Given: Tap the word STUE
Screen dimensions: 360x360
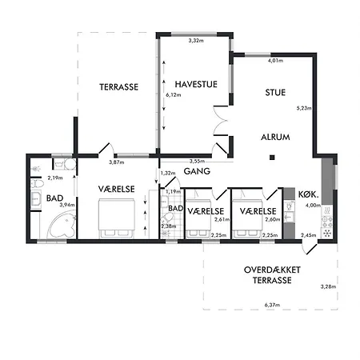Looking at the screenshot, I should coord(275,93).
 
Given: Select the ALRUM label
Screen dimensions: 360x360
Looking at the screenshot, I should coord(275,137).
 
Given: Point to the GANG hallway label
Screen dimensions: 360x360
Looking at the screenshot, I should coord(197,170).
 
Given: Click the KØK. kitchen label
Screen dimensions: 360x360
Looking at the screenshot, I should coord(308,194).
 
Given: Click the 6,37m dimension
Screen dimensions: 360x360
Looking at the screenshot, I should coord(274,303).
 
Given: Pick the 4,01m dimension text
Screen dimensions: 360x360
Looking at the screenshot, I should coord(276,61).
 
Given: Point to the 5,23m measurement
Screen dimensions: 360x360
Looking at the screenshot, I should coord(302,107).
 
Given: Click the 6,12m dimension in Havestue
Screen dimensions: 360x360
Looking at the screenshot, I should coord(172,94).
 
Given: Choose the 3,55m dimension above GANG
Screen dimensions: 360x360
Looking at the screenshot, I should coord(208,161).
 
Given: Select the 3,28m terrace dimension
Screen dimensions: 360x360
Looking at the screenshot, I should coord(326,286).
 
